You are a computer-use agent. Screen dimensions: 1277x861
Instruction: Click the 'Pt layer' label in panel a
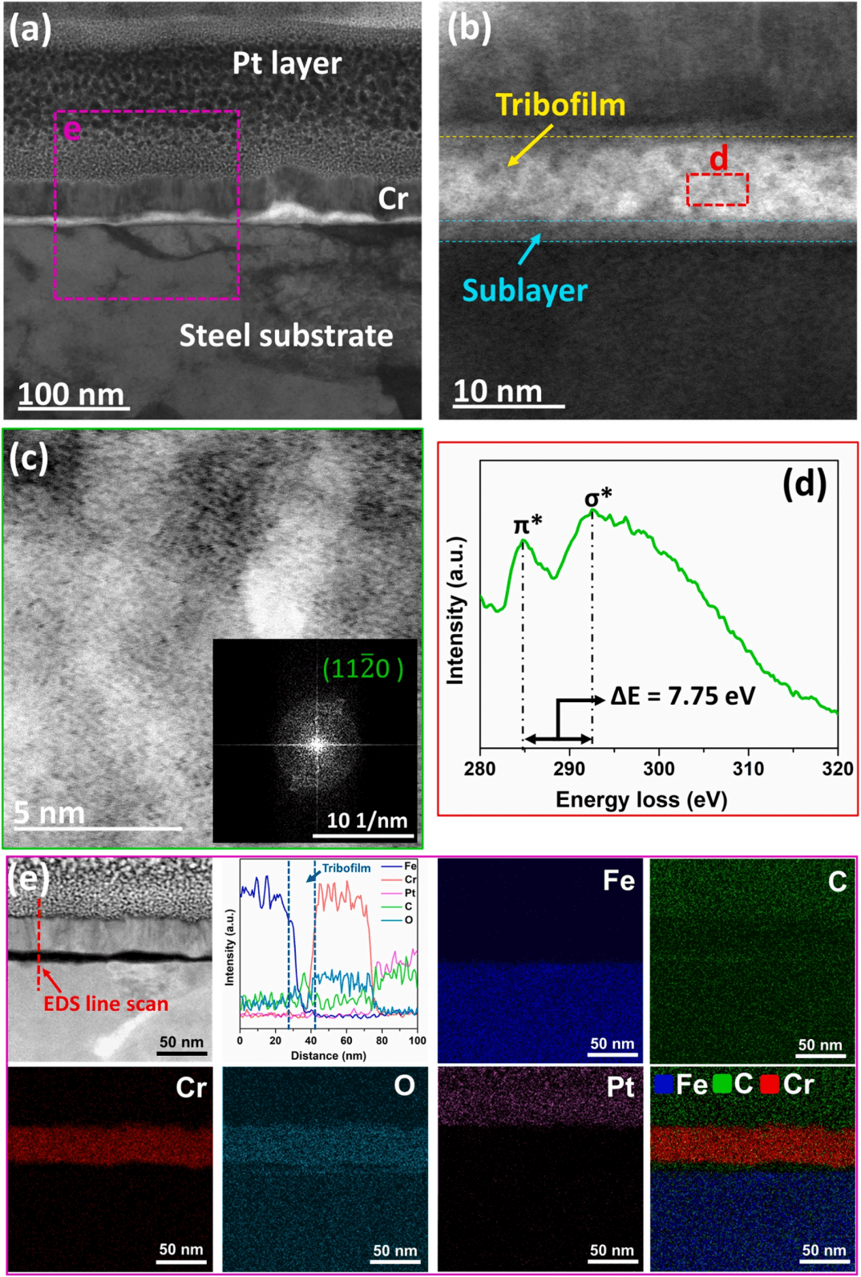click(286, 63)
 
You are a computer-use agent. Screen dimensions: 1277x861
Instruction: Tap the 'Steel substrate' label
click(286, 335)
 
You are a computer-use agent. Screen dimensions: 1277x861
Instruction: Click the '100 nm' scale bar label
click(71, 394)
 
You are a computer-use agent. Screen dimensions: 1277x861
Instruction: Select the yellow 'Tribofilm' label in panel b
click(560, 105)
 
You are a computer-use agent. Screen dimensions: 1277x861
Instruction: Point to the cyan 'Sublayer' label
click(524, 290)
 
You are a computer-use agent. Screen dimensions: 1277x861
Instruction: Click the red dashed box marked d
click(717, 189)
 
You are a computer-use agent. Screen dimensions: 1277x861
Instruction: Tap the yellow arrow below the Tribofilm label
click(530, 145)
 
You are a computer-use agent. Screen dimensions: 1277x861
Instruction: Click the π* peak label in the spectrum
click(528, 525)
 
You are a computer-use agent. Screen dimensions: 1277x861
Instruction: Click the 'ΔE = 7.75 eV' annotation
click(683, 696)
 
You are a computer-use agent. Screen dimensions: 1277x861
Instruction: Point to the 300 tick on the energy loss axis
click(658, 769)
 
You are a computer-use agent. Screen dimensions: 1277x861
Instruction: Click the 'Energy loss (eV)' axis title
click(641, 799)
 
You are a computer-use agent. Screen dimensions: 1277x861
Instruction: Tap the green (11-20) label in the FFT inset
click(362, 668)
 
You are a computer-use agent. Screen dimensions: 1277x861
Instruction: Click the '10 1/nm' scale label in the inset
click(367, 820)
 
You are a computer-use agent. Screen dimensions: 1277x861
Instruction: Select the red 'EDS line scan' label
click(106, 1004)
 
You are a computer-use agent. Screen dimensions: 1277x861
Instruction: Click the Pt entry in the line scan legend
click(410, 893)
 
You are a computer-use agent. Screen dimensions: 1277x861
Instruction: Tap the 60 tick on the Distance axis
click(346, 1041)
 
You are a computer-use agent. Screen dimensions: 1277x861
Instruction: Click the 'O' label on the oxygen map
click(404, 1085)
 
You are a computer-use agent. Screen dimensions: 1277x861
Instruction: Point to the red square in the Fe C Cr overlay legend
click(770, 1085)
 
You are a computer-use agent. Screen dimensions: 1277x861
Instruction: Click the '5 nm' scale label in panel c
click(50, 813)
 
